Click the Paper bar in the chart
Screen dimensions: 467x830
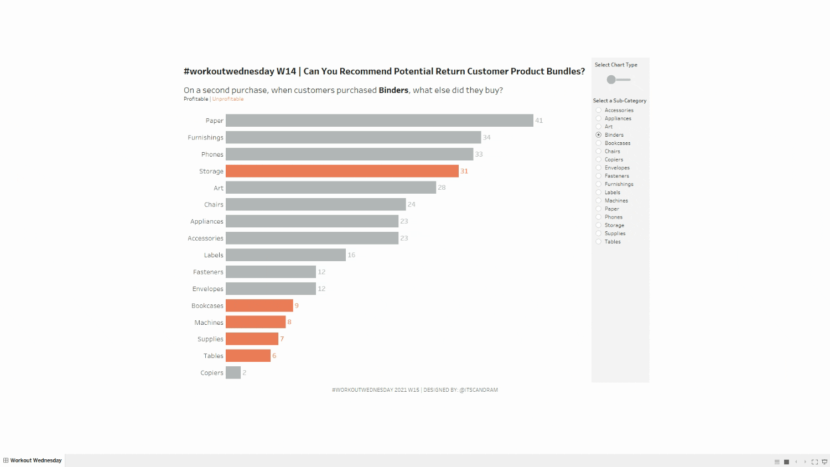click(379, 121)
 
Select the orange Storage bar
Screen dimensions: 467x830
click(342, 171)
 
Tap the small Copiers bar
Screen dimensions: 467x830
click(233, 373)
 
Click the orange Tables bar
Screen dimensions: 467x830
click(248, 356)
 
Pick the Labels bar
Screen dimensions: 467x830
click(286, 255)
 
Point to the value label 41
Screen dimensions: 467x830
click(539, 121)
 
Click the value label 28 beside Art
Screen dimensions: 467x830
click(442, 188)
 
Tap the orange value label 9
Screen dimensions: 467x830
click(297, 305)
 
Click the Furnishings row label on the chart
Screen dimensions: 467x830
click(205, 138)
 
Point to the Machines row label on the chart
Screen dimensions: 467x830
click(209, 323)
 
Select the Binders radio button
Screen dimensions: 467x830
click(599, 135)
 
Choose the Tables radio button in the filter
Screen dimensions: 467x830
click(599, 242)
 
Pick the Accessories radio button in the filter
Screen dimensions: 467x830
click(599, 110)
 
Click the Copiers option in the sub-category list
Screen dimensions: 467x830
click(614, 159)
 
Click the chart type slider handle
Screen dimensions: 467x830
click(611, 80)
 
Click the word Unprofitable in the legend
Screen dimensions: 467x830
click(228, 99)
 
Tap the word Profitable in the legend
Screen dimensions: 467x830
click(196, 99)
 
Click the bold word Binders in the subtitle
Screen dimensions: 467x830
click(393, 90)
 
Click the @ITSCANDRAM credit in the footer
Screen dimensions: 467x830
click(479, 390)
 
